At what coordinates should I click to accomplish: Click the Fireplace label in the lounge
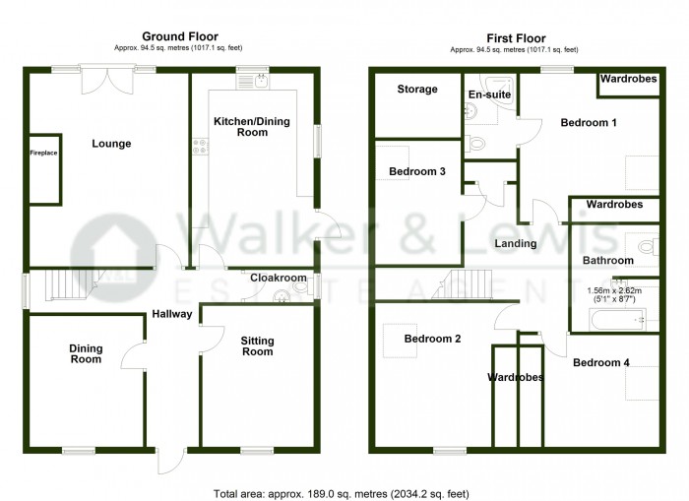coord(43,154)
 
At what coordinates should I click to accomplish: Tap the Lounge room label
coord(111,144)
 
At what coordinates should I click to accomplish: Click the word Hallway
coord(172,315)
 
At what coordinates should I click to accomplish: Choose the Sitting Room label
coord(258,345)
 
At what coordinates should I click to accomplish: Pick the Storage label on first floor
coord(417,90)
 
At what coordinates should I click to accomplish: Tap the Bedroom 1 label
coord(589,123)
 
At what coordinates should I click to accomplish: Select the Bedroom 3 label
coord(417,172)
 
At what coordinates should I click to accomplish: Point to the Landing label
coord(516,244)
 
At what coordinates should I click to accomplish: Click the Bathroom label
coord(607,261)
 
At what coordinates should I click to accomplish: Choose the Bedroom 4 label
coord(601,363)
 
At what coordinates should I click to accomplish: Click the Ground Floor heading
coord(173,35)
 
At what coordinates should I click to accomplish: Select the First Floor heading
coord(513,35)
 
